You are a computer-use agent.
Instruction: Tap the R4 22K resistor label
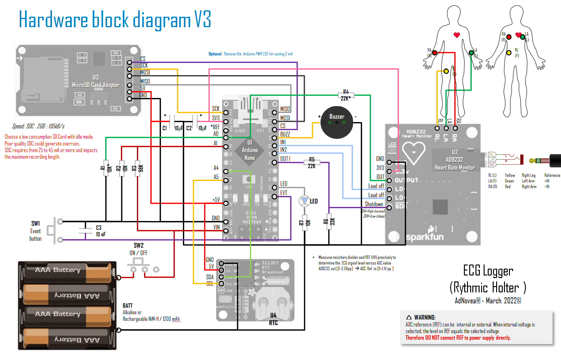[346, 95]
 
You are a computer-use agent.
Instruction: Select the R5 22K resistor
[312, 162]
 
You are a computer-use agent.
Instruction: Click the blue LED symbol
[304, 201]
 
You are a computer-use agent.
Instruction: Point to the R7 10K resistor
[304, 223]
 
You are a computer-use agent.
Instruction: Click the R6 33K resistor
[329, 222]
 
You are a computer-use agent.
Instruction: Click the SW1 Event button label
[35, 231]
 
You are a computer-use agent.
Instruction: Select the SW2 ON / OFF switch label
[138, 249]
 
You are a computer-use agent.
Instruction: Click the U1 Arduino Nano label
[250, 150]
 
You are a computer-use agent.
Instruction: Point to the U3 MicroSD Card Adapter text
[96, 81]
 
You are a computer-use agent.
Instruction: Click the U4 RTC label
[273, 319]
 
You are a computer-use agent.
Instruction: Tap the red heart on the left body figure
[457, 35]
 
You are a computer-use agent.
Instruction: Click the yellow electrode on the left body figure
[446, 71]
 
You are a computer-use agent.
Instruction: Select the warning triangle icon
[409, 317]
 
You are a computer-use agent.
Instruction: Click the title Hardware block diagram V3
[115, 19]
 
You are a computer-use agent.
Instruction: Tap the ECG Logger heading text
[488, 270]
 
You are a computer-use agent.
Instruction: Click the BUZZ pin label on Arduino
[285, 134]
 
